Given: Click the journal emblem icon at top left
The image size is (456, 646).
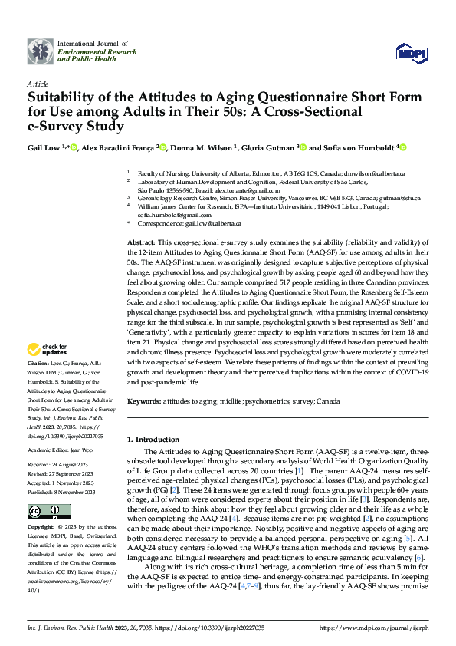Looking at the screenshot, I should [x=40, y=51].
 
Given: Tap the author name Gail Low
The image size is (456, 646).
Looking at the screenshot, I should [x=44, y=147].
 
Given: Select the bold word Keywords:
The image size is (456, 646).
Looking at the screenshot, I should [x=145, y=401].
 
